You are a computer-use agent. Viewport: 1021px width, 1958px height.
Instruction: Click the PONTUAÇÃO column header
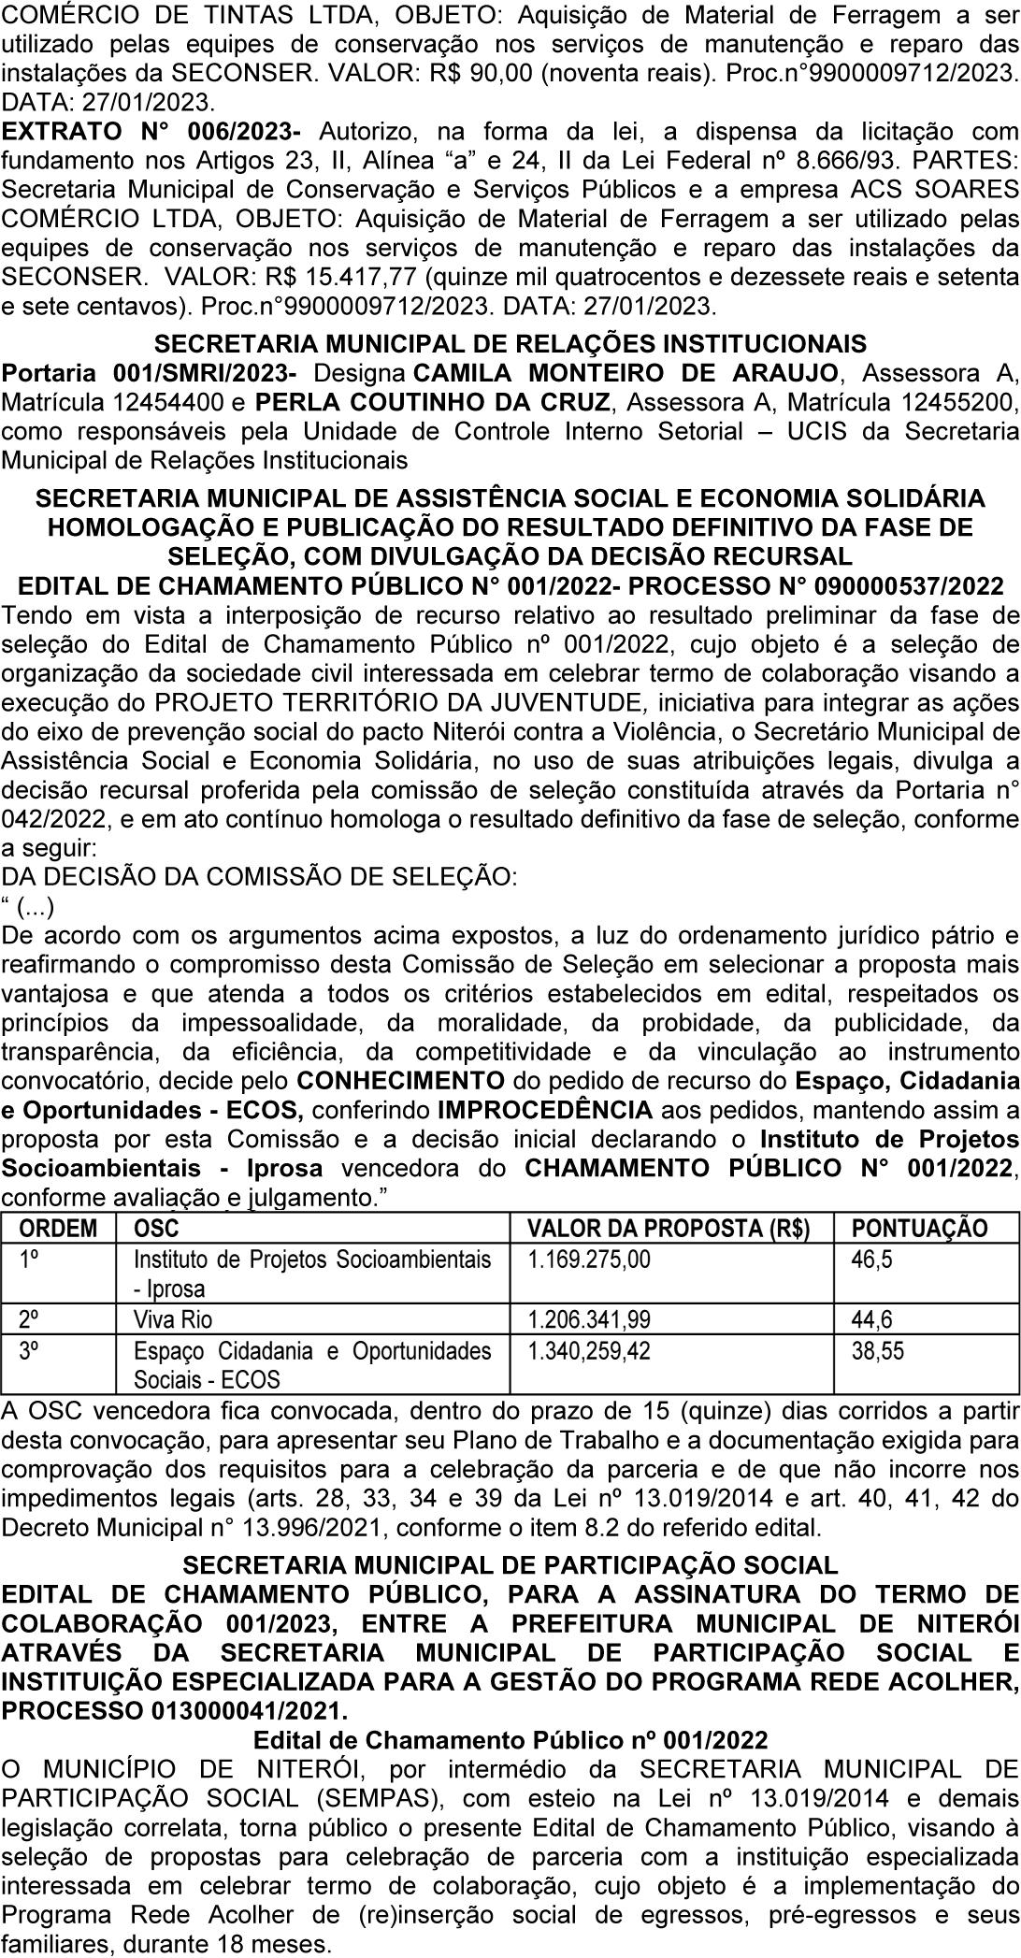919,1228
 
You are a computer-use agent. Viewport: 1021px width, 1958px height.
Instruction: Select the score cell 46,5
871,1259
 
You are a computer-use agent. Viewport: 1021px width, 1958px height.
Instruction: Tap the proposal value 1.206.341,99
589,1319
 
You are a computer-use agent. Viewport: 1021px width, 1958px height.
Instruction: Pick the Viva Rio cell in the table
173,1319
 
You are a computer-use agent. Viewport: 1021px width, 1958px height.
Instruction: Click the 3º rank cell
29,1350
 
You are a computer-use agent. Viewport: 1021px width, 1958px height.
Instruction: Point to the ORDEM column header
58,1228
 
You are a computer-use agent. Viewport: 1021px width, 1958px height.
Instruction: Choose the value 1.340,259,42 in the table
589,1350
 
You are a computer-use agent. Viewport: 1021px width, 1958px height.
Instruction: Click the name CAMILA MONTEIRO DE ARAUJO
625,374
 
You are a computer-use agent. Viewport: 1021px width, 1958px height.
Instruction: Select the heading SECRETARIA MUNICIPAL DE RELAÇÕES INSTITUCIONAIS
510,344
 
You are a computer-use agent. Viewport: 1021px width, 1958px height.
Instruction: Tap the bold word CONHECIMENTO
400,1081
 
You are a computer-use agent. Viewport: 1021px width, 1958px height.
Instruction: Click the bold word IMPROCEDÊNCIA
545,1110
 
